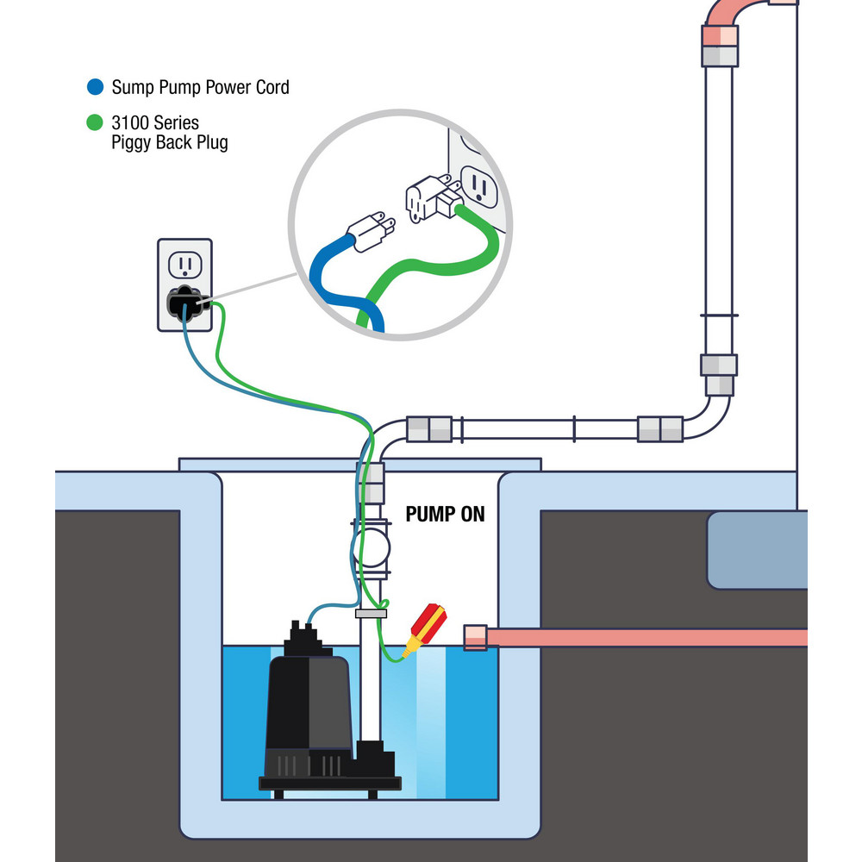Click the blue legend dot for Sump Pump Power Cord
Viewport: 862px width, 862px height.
click(96, 86)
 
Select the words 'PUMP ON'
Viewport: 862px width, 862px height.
click(445, 515)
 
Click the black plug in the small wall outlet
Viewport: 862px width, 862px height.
click(183, 303)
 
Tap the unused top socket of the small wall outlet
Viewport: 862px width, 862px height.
click(182, 263)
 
